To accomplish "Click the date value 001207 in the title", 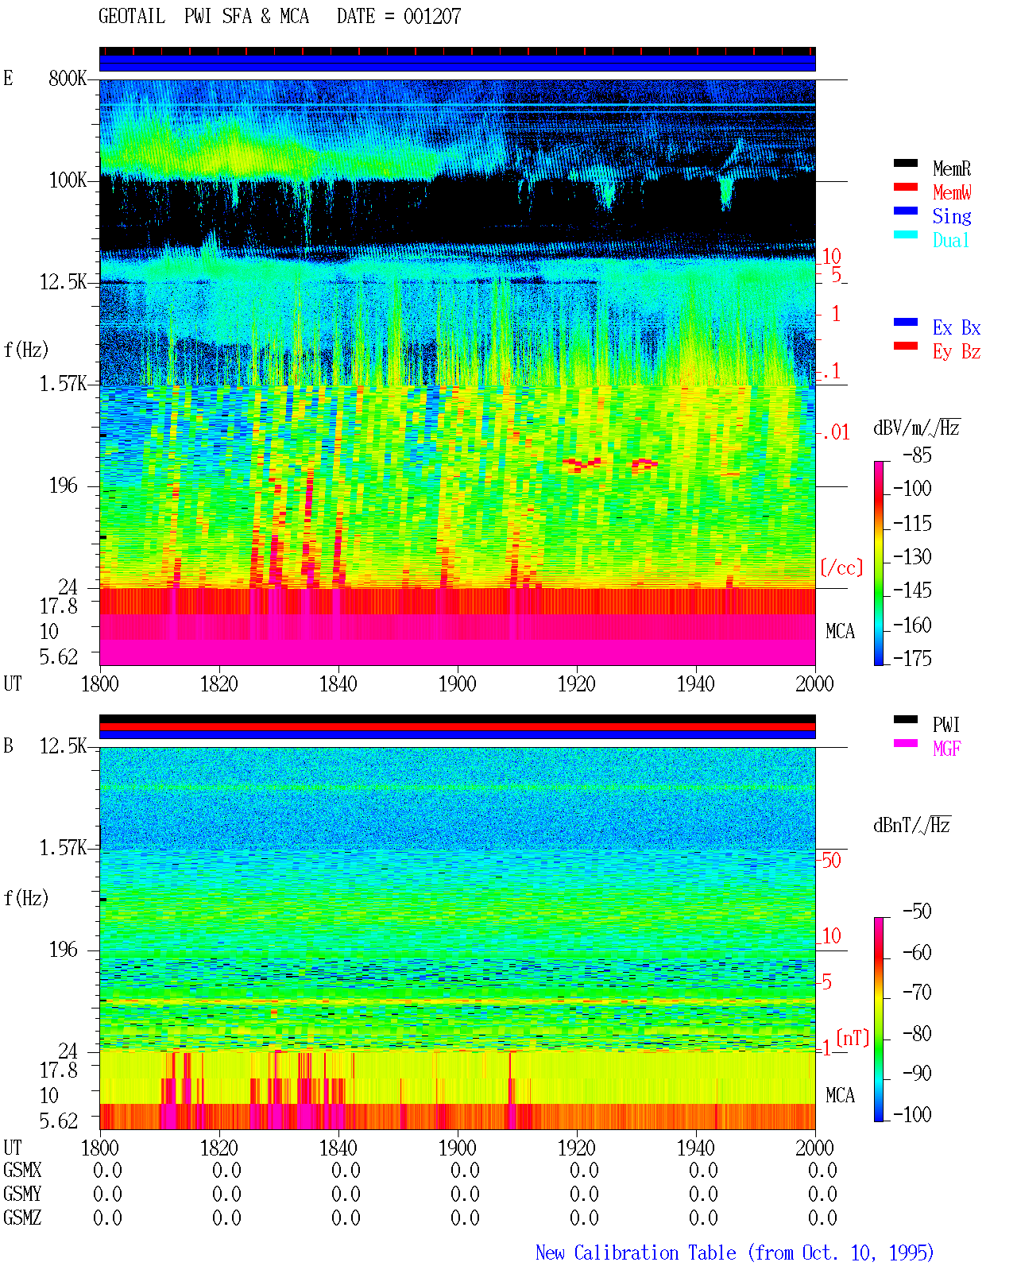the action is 432,17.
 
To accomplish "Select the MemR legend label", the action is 952,168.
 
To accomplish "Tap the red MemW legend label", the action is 952,192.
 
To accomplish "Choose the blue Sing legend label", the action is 952,216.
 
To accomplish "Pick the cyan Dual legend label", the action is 951,241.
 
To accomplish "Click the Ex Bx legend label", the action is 957,327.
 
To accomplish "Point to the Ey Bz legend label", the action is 957,352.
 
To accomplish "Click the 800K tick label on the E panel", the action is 68,78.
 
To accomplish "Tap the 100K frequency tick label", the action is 68,180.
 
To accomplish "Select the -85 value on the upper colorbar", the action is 917,455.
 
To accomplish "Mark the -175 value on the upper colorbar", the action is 912,658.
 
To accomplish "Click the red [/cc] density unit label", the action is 841,567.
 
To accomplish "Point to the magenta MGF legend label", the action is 947,749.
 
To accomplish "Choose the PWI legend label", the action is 946,725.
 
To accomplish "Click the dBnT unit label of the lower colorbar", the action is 912,826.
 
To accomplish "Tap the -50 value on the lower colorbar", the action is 917,912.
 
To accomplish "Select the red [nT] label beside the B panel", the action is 853,1038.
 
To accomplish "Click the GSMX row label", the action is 22,1170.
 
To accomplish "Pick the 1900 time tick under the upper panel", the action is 458,684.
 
